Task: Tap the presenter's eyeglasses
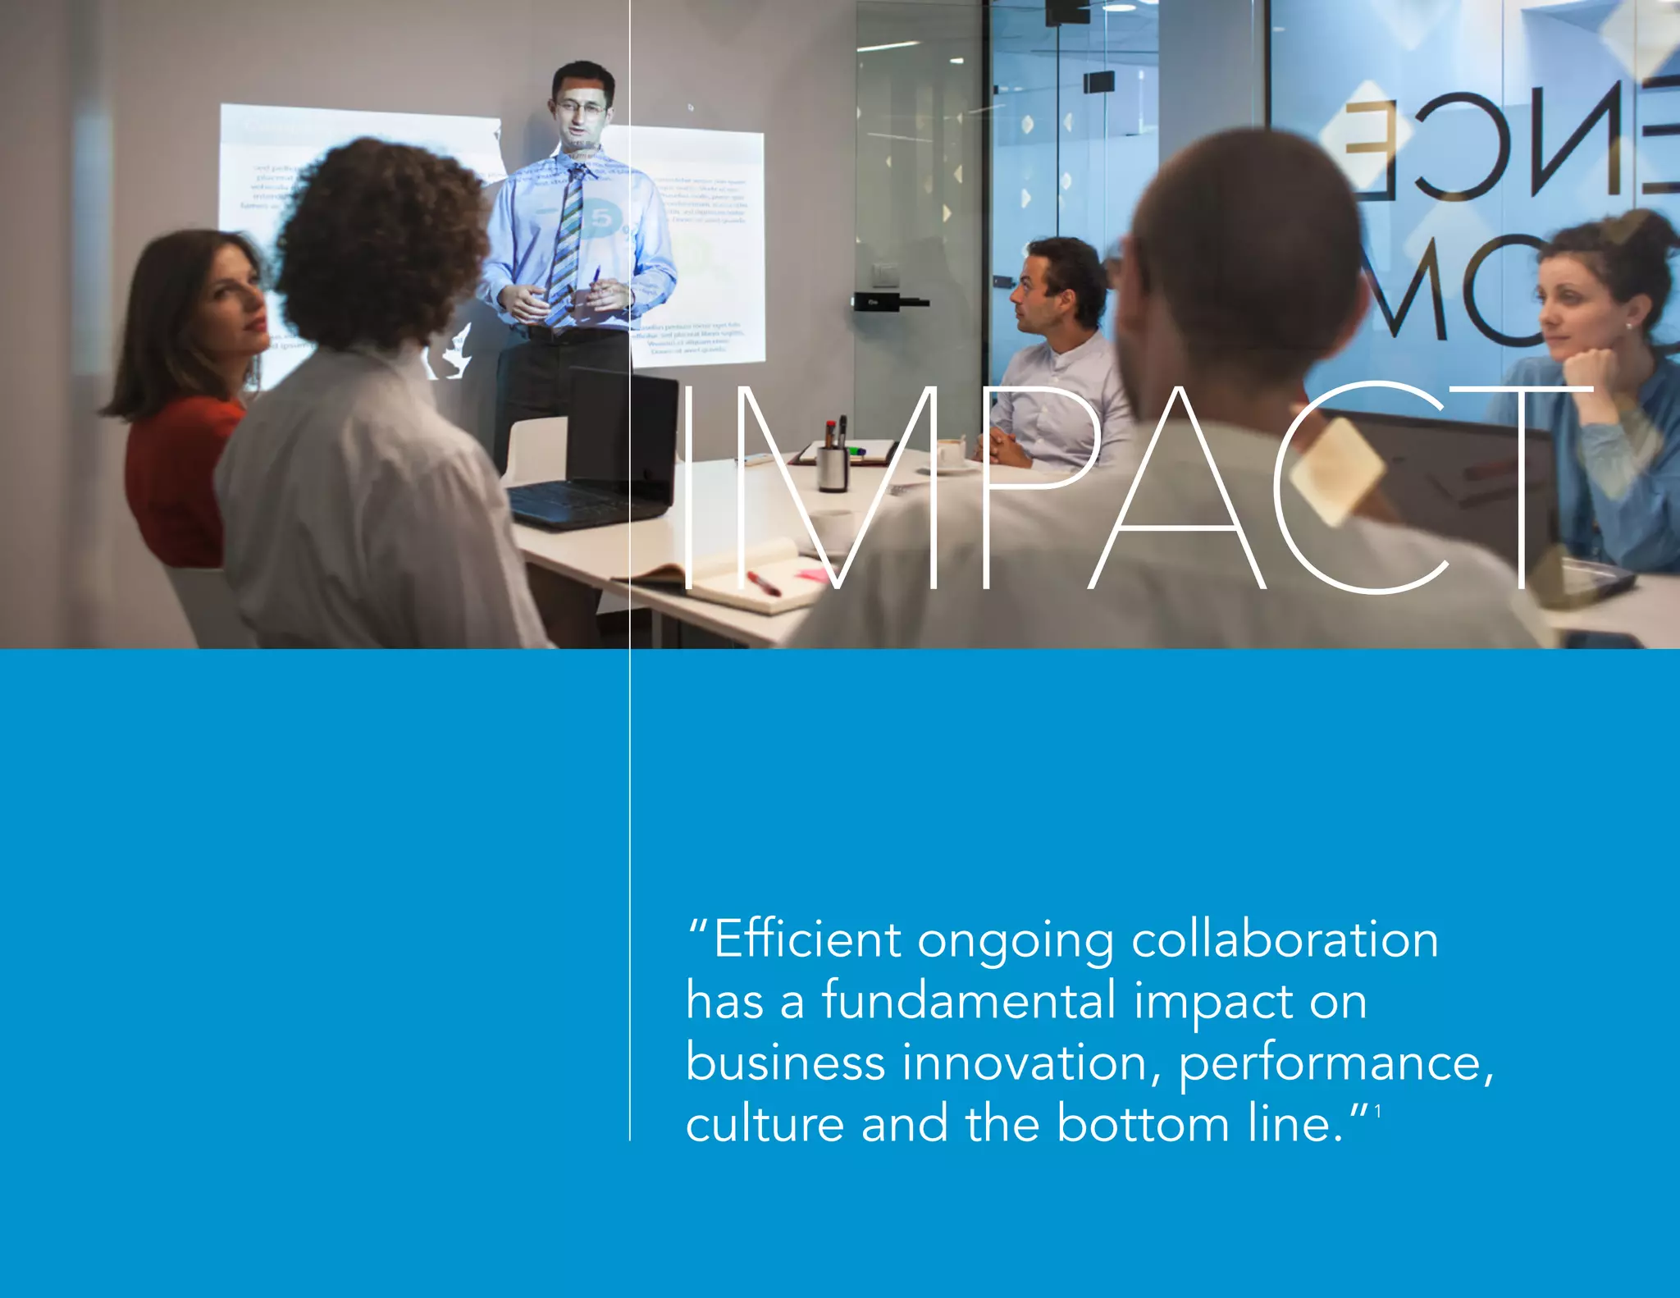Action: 581,107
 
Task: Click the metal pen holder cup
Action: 833,468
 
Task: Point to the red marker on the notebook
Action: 763,583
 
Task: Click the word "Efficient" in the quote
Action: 808,939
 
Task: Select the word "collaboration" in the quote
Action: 1285,939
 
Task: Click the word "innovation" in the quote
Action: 1032,1063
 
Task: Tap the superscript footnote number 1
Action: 1378,1111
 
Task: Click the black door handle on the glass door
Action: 890,301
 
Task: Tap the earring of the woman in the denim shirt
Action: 1629,327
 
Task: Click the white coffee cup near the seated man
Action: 951,451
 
